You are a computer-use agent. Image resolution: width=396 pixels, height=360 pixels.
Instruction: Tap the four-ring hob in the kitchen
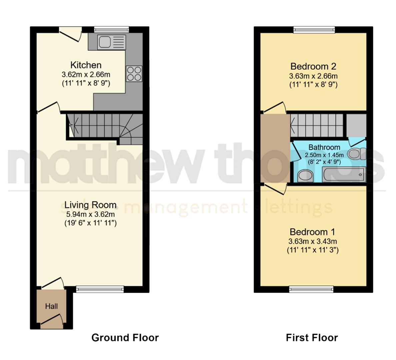134,74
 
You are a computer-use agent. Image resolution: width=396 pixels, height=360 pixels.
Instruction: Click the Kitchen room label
86,65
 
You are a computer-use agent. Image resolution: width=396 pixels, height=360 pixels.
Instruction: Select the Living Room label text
90,205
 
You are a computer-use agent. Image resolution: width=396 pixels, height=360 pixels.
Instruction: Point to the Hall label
51,306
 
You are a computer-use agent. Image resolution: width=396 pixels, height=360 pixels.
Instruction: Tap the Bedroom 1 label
312,232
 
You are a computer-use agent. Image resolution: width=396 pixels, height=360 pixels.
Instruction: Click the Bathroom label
324,147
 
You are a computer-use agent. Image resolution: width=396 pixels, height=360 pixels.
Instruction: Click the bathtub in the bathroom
344,174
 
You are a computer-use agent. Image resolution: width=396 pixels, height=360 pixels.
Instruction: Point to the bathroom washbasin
304,176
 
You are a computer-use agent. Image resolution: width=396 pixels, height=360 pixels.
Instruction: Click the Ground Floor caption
125,338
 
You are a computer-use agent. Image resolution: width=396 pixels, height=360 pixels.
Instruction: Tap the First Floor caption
312,338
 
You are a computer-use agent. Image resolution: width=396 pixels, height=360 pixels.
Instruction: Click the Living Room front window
100,289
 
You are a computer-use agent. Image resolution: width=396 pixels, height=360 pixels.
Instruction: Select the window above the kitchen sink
111,30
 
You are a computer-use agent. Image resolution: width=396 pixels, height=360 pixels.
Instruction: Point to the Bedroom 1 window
311,289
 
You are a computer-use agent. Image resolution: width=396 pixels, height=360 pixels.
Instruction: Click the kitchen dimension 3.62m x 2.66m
86,75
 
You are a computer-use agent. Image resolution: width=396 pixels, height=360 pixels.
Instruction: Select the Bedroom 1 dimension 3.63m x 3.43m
312,241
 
